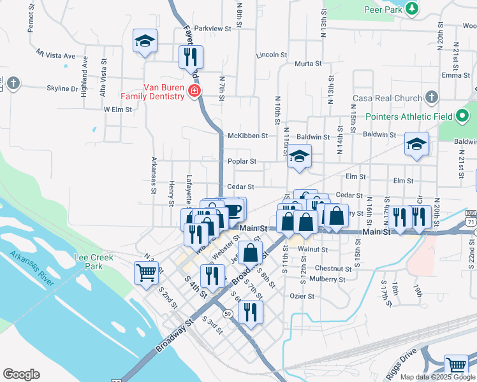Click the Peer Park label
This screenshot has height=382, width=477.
pyautogui.click(x=383, y=10)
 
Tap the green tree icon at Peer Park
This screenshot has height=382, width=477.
pyautogui.click(x=413, y=8)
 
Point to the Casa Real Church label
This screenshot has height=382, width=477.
pyautogui.click(x=387, y=98)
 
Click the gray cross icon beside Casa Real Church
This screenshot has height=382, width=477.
pyautogui.click(x=432, y=97)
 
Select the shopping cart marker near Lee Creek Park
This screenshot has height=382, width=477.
pyautogui.click(x=146, y=272)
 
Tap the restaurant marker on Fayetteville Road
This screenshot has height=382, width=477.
pyautogui.click(x=191, y=57)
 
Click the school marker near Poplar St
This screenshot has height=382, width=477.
pyautogui.click(x=298, y=156)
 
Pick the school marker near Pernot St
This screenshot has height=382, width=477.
pyautogui.click(x=145, y=41)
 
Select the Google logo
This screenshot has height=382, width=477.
pyautogui.click(x=21, y=374)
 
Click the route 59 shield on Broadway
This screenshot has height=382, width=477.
pyautogui.click(x=227, y=313)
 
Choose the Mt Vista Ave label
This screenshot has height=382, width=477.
pyautogui.click(x=55, y=55)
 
